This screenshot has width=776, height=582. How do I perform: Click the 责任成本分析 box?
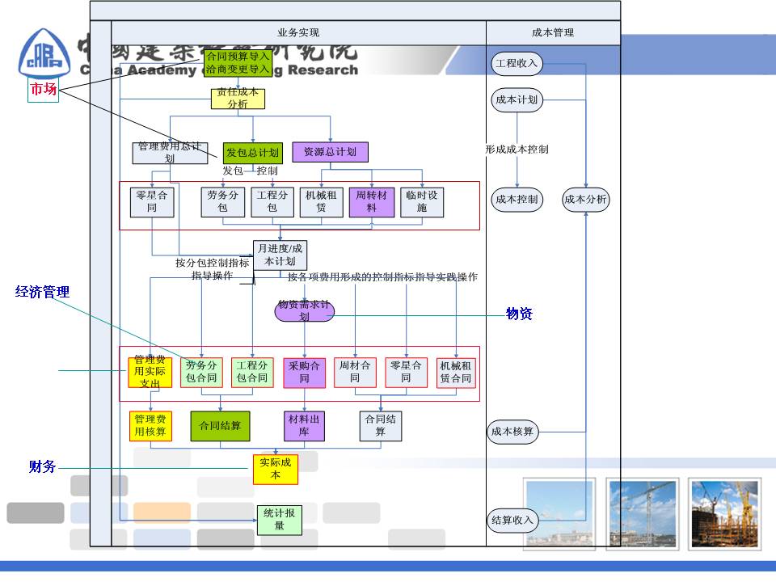(238, 99)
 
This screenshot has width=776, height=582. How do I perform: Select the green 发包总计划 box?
(253, 152)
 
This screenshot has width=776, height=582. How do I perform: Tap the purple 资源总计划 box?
(330, 151)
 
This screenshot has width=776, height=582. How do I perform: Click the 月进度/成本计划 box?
(280, 255)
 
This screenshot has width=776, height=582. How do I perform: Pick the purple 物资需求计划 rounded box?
(305, 311)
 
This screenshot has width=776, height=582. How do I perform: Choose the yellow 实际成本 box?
(275, 469)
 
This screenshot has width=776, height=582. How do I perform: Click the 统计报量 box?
(280, 520)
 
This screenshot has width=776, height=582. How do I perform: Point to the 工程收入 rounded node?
(516, 63)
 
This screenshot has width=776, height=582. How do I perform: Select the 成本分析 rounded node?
(586, 200)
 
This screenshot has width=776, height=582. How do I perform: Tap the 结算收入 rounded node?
(512, 520)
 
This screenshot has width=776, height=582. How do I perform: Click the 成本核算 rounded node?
(512, 432)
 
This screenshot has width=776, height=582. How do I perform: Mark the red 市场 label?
(44, 89)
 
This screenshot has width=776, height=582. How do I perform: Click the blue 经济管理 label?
(43, 292)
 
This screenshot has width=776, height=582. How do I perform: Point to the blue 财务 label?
(43, 466)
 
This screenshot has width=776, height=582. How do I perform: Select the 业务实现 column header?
(298, 33)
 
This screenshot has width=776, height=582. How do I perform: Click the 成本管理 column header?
(553, 33)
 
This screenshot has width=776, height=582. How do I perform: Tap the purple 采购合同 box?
(304, 373)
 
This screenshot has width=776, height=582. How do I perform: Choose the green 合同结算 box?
(220, 426)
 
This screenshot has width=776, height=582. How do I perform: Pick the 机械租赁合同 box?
(456, 373)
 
